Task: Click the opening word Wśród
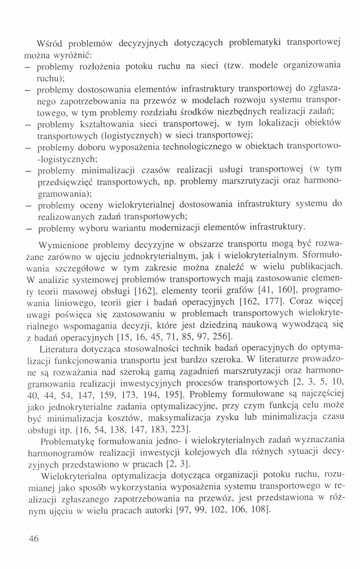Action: click(49, 44)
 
